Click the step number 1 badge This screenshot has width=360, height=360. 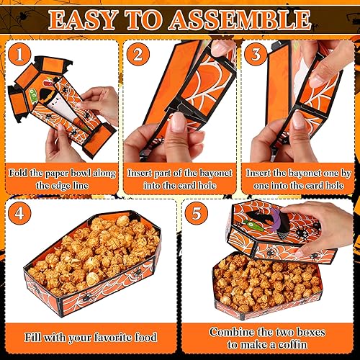pyautogui.click(x=21, y=54)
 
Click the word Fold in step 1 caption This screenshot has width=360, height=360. pyautogui.click(x=19, y=173)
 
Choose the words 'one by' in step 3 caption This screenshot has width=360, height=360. pyautogui.click(x=330, y=173)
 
